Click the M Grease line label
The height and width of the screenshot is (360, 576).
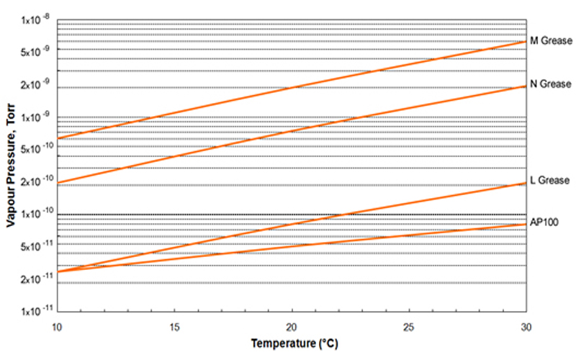(x=551, y=41)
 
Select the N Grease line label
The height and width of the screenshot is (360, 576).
(x=551, y=84)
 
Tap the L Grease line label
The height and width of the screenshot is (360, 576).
(x=550, y=180)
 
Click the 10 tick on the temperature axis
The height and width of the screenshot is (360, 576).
(x=58, y=325)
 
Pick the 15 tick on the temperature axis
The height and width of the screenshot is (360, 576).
(x=175, y=325)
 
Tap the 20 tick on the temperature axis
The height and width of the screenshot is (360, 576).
(x=292, y=325)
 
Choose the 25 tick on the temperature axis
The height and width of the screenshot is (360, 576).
(x=409, y=325)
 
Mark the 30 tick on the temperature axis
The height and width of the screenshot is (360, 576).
(x=526, y=325)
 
